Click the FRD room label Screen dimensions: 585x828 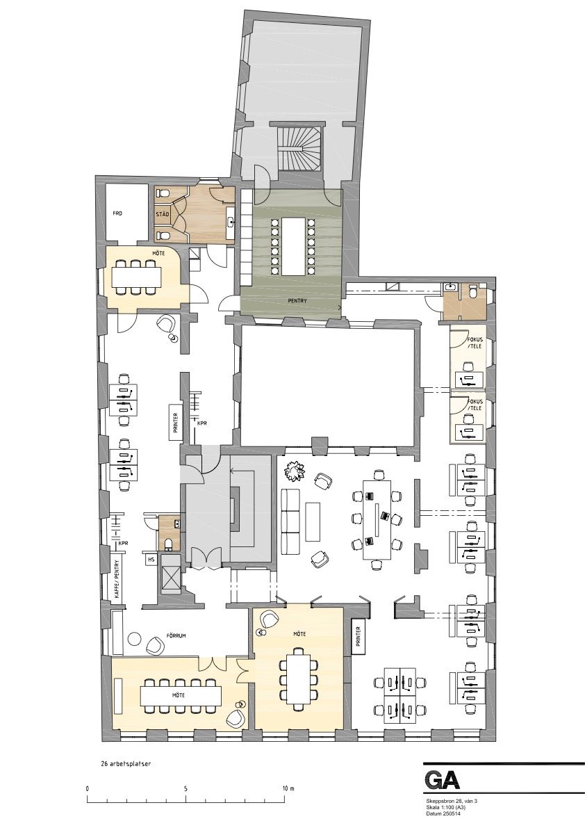click(117, 213)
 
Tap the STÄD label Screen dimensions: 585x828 click(162, 214)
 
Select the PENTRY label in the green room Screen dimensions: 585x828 click(297, 300)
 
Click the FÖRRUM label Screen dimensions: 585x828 click(174, 636)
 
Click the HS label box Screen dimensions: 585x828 click(151, 558)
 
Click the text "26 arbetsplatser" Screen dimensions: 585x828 click(126, 763)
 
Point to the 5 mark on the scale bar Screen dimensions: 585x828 click(186, 788)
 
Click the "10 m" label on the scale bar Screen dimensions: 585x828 click(288, 788)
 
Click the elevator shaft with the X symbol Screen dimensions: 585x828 click(171, 578)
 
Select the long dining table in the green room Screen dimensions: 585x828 click(292, 246)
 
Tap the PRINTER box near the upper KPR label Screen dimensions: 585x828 click(175, 422)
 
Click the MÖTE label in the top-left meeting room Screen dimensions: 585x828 click(158, 254)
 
